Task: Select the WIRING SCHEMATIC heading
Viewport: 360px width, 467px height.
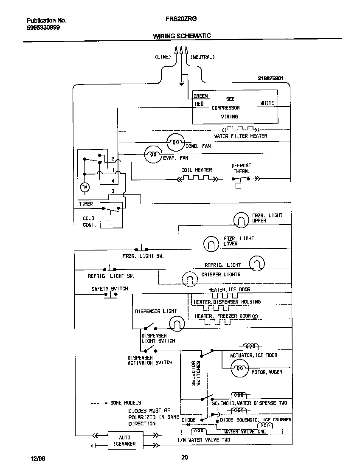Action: point(182,36)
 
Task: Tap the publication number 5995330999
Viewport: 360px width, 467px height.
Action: point(43,28)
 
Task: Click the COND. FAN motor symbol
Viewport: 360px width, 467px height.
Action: point(175,143)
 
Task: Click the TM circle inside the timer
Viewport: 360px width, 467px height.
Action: point(84,187)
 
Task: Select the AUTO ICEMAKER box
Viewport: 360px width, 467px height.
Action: point(124,440)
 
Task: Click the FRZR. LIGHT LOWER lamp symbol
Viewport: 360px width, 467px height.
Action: point(211,243)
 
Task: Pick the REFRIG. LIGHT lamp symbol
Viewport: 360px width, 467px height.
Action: point(257,263)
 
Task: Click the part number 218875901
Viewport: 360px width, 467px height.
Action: point(270,79)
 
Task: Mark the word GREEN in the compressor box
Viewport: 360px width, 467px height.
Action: point(200,96)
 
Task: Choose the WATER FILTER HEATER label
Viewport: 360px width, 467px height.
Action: point(241,136)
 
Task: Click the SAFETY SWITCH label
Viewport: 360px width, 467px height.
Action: point(110,289)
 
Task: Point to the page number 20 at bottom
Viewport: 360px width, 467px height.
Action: point(184,458)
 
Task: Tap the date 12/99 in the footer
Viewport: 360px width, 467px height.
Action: point(37,458)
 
